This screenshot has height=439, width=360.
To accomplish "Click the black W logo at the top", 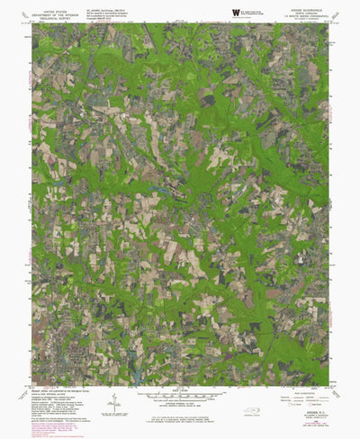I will (x=235, y=11).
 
